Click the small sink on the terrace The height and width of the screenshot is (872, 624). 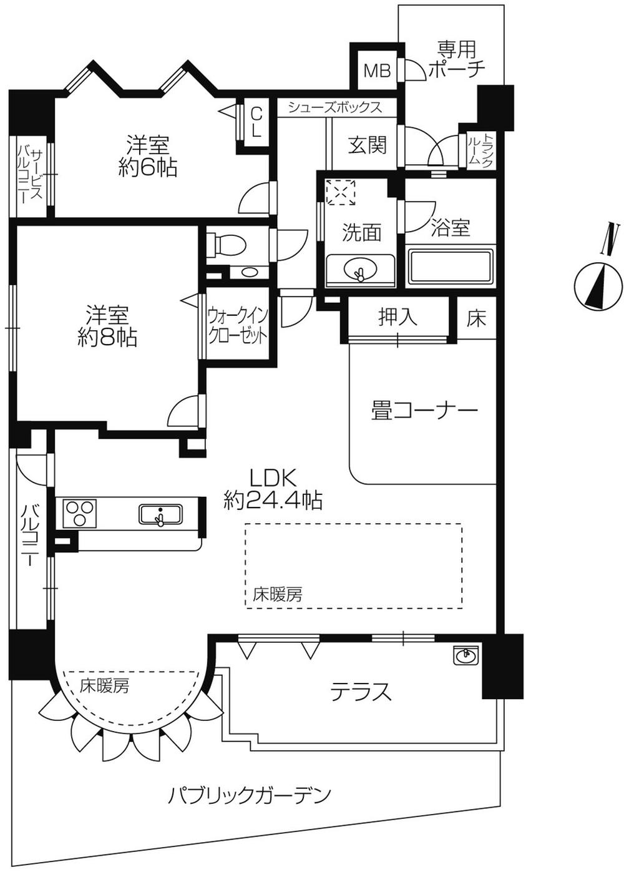[x=465, y=655]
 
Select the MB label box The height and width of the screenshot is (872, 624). [x=377, y=71]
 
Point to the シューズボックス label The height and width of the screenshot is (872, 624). [x=335, y=107]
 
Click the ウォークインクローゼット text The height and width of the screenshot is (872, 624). [x=237, y=324]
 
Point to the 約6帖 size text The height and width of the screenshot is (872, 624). [x=148, y=167]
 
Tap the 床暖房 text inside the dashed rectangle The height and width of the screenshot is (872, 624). [x=278, y=594]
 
